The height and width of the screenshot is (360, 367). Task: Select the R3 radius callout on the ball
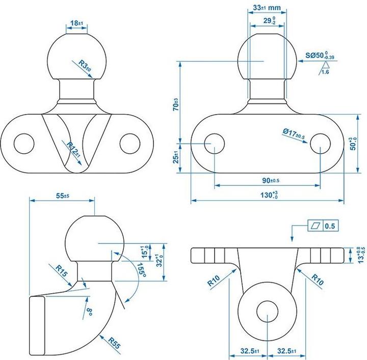click(85, 66)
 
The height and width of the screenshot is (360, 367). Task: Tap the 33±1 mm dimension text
click(267, 8)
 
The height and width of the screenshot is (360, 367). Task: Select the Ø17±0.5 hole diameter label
click(293, 134)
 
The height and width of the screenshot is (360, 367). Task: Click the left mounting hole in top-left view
click(23, 143)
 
